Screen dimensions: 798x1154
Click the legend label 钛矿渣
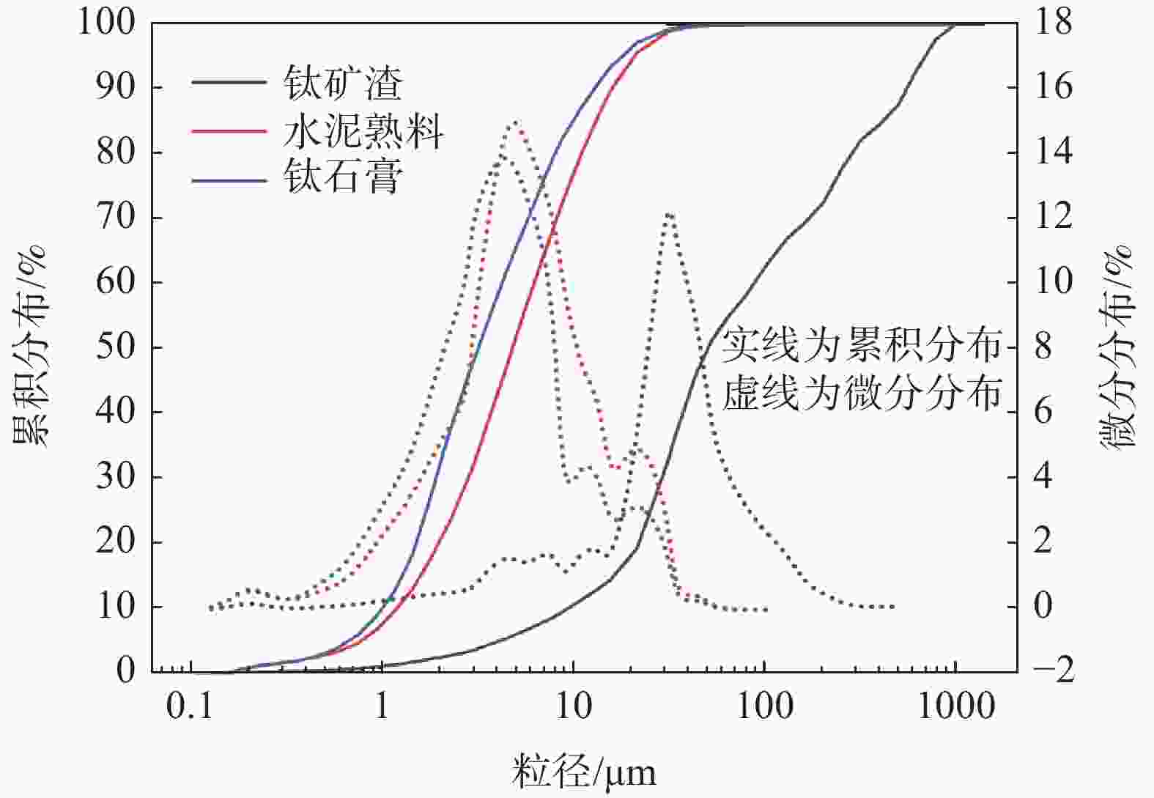click(343, 82)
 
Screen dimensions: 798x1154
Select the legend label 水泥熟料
click(363, 131)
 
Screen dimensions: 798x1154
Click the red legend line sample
click(229, 131)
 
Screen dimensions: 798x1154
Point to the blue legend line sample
click(229, 178)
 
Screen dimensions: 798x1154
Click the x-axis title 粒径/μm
click(584, 772)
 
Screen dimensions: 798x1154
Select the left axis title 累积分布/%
click(29, 346)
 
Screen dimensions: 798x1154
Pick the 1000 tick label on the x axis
click(956, 706)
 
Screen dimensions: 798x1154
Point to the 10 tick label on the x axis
click(573, 706)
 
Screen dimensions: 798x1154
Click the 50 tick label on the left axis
click(116, 347)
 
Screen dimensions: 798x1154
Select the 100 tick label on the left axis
click(107, 23)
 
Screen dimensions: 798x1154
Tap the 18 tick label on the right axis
click(1053, 23)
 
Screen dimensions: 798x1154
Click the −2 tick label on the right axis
click(1053, 670)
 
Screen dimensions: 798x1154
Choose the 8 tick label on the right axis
click(1043, 347)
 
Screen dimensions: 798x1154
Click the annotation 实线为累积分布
click(862, 345)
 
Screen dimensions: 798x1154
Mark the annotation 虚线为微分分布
click(862, 394)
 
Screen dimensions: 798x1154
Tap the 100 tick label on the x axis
click(764, 706)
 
